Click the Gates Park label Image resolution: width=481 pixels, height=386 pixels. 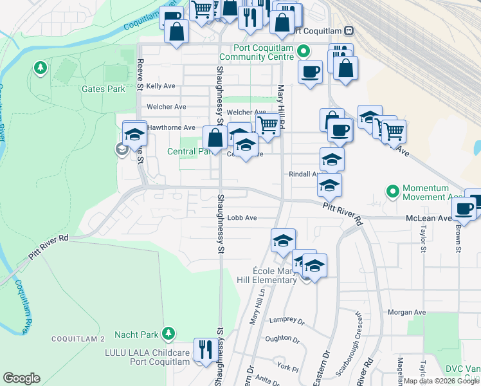coord(103,89)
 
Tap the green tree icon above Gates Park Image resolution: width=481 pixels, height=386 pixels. coord(41,67)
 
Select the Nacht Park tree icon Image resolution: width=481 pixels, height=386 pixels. coord(168,333)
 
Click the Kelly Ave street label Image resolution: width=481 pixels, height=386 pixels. coord(161,86)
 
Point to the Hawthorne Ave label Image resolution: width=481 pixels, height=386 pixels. coord(171,127)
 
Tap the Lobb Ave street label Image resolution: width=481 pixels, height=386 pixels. coord(242,218)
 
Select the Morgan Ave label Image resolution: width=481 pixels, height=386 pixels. coord(407,312)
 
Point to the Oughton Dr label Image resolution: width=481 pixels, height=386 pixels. coord(287,338)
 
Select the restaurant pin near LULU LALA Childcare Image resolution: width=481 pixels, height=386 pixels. coord(205,351)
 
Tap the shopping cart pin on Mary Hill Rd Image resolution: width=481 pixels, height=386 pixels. coord(268,124)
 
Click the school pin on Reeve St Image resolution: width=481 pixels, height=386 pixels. coord(134,134)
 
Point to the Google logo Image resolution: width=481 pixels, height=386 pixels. coord(21,378)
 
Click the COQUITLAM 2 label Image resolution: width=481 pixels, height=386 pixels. coord(78,339)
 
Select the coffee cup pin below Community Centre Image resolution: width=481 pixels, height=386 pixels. coord(310,71)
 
